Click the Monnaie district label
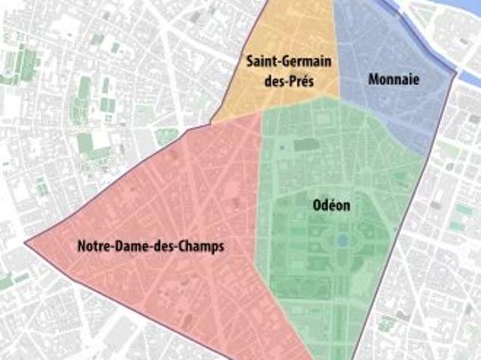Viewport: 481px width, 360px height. pyautogui.click(x=393, y=78)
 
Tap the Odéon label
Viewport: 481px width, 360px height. pyautogui.click(x=330, y=204)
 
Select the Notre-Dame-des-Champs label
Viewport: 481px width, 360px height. pyautogui.click(x=150, y=247)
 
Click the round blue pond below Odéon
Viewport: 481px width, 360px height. pyautogui.click(x=342, y=241)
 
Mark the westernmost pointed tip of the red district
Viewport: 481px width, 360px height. pyautogui.click(x=26, y=244)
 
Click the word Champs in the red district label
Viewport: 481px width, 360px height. pyautogui.click(x=204, y=247)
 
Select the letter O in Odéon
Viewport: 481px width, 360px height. pyautogui.click(x=316, y=204)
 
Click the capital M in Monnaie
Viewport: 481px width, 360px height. pyautogui.click(x=374, y=78)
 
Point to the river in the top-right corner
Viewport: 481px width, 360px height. pyautogui.click(x=451, y=23)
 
